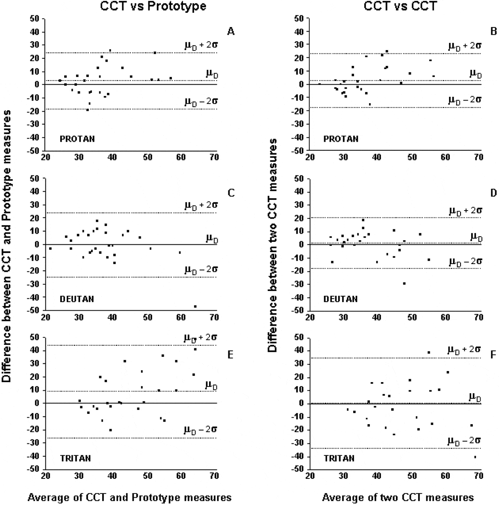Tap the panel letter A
[x=231, y=31]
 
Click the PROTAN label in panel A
[x=77, y=139]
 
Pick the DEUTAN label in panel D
[x=340, y=299]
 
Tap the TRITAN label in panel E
[x=75, y=458]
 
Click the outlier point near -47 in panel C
[x=195, y=306]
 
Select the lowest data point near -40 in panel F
[x=475, y=457]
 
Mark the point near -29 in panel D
[x=404, y=283]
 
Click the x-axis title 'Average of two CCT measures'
[x=398, y=497]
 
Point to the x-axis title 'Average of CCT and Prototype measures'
[x=130, y=497]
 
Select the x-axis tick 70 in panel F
[x=478, y=476]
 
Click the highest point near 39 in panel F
[x=428, y=353]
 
